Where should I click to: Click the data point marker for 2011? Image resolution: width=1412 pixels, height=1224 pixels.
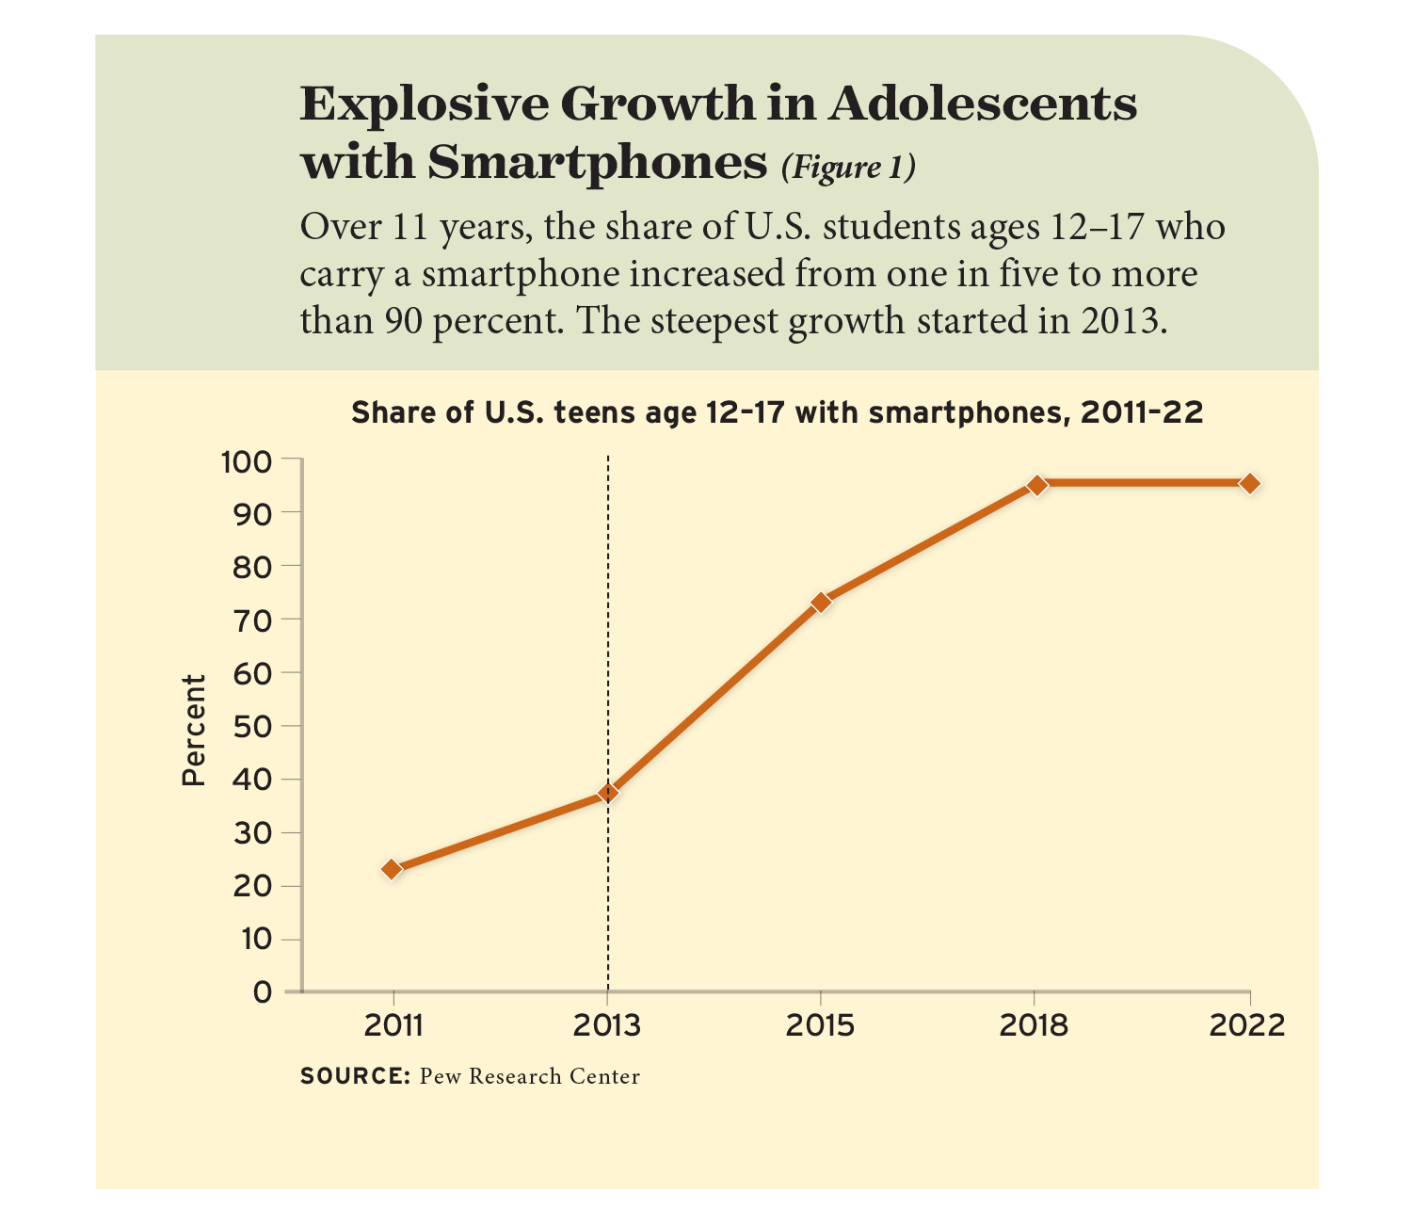click(x=392, y=869)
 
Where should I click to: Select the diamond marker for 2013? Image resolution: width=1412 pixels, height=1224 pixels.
click(x=608, y=793)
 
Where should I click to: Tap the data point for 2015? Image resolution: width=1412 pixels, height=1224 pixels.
click(x=821, y=602)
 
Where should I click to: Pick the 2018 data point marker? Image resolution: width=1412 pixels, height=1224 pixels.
click(x=1036, y=485)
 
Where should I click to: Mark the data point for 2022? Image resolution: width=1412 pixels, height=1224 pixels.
click(x=1249, y=484)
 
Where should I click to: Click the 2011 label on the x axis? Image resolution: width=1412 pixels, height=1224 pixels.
click(x=393, y=1025)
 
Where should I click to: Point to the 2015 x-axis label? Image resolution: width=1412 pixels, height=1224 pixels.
click(x=821, y=1025)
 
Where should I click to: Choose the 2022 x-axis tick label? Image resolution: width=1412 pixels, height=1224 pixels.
click(x=1247, y=1025)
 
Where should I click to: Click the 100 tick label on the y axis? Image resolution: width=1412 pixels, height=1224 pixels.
click(x=246, y=461)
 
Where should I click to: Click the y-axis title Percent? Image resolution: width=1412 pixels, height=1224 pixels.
click(x=193, y=731)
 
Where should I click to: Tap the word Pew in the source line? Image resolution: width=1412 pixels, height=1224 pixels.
click(x=440, y=1076)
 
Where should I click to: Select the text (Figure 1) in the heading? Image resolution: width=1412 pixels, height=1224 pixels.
click(x=847, y=167)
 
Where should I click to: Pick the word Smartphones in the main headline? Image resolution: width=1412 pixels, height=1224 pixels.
click(x=597, y=162)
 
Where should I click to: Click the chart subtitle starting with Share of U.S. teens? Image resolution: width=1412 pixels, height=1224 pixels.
click(x=777, y=413)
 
